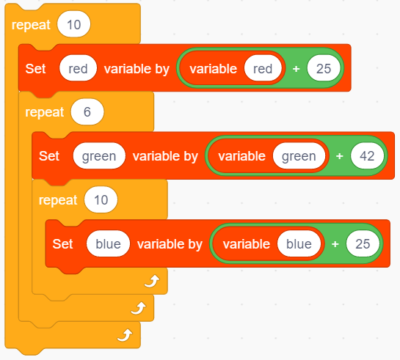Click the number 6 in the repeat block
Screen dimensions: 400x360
pos(87,112)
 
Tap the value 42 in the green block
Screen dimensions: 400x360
pos(367,156)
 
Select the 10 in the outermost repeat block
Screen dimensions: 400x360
pos(73,24)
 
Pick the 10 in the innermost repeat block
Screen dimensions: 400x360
pos(101,199)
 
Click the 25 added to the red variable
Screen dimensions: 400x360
pos(324,68)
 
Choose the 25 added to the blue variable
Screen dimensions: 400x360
pos(363,244)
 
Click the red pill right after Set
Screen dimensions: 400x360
pos(78,68)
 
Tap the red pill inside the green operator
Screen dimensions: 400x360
pos(263,68)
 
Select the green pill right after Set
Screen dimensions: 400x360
pos(99,156)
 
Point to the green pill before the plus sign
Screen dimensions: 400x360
pos(299,156)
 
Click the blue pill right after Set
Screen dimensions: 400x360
pos(108,244)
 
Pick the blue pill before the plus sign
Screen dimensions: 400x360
pos(299,244)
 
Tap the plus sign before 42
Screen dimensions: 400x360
pos(340,156)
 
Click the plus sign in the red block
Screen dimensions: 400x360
pos(296,68)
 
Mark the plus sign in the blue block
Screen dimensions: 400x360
pos(335,244)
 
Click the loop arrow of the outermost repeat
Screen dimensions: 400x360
pos(125,335)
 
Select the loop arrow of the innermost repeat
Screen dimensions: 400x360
pos(152,282)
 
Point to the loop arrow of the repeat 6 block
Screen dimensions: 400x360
pos(138,308)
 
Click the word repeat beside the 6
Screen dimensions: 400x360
pos(44,112)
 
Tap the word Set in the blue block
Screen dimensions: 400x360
pos(62,244)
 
